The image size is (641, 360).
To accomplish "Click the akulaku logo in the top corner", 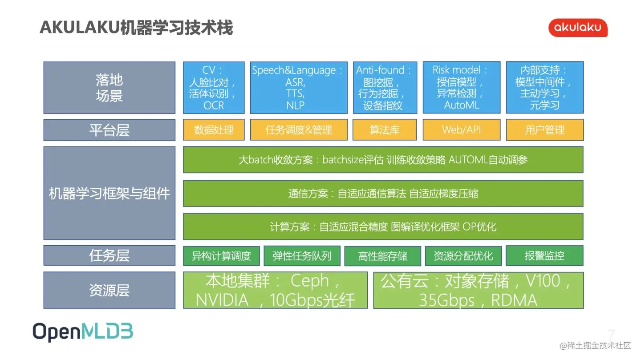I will [x=577, y=28].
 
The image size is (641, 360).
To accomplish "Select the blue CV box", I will [x=214, y=88].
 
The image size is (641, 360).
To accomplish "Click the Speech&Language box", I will [x=298, y=88].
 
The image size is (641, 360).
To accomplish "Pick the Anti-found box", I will [x=385, y=88].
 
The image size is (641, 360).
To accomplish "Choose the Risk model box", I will [x=461, y=88].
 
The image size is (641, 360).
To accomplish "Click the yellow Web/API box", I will [x=461, y=130].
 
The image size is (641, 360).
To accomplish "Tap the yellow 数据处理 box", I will [x=214, y=130].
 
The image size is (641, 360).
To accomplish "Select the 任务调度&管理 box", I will [x=298, y=130].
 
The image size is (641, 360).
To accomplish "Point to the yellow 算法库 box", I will [x=385, y=130].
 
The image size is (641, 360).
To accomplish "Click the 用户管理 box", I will [x=544, y=130].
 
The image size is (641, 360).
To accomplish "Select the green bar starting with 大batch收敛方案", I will [x=383, y=160].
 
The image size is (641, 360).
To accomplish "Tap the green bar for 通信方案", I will [x=383, y=194].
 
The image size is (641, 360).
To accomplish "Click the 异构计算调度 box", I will [x=221, y=256].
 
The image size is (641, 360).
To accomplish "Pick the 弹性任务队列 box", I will [x=302, y=256].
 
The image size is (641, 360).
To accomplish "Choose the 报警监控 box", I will [x=544, y=256].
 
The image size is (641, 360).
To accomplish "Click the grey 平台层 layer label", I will [x=109, y=130].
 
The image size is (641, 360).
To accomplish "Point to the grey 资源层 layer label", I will [x=109, y=291].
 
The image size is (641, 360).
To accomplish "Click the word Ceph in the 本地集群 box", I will [x=309, y=281].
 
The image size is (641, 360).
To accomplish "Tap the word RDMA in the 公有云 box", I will [x=514, y=301].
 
